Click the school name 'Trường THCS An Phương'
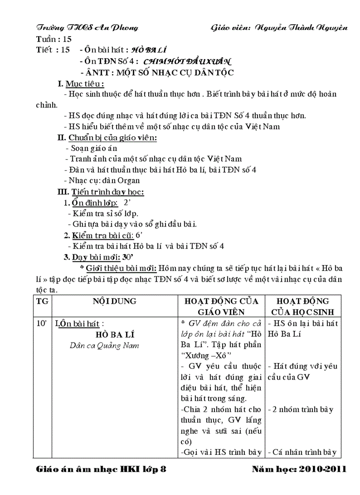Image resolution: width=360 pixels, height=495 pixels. click(x=87, y=27)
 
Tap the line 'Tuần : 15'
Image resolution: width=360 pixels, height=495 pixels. click(x=53, y=39)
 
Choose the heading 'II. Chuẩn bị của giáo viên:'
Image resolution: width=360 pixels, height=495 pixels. click(x=107, y=138)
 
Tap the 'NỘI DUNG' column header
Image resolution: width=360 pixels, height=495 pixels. click(x=114, y=301)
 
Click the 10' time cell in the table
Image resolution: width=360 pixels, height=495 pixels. click(x=42, y=324)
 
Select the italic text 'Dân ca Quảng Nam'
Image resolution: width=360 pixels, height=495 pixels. click(x=105, y=346)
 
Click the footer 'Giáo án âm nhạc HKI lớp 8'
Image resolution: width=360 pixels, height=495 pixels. click(x=101, y=469)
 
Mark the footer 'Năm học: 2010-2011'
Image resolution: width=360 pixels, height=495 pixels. click(x=299, y=469)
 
